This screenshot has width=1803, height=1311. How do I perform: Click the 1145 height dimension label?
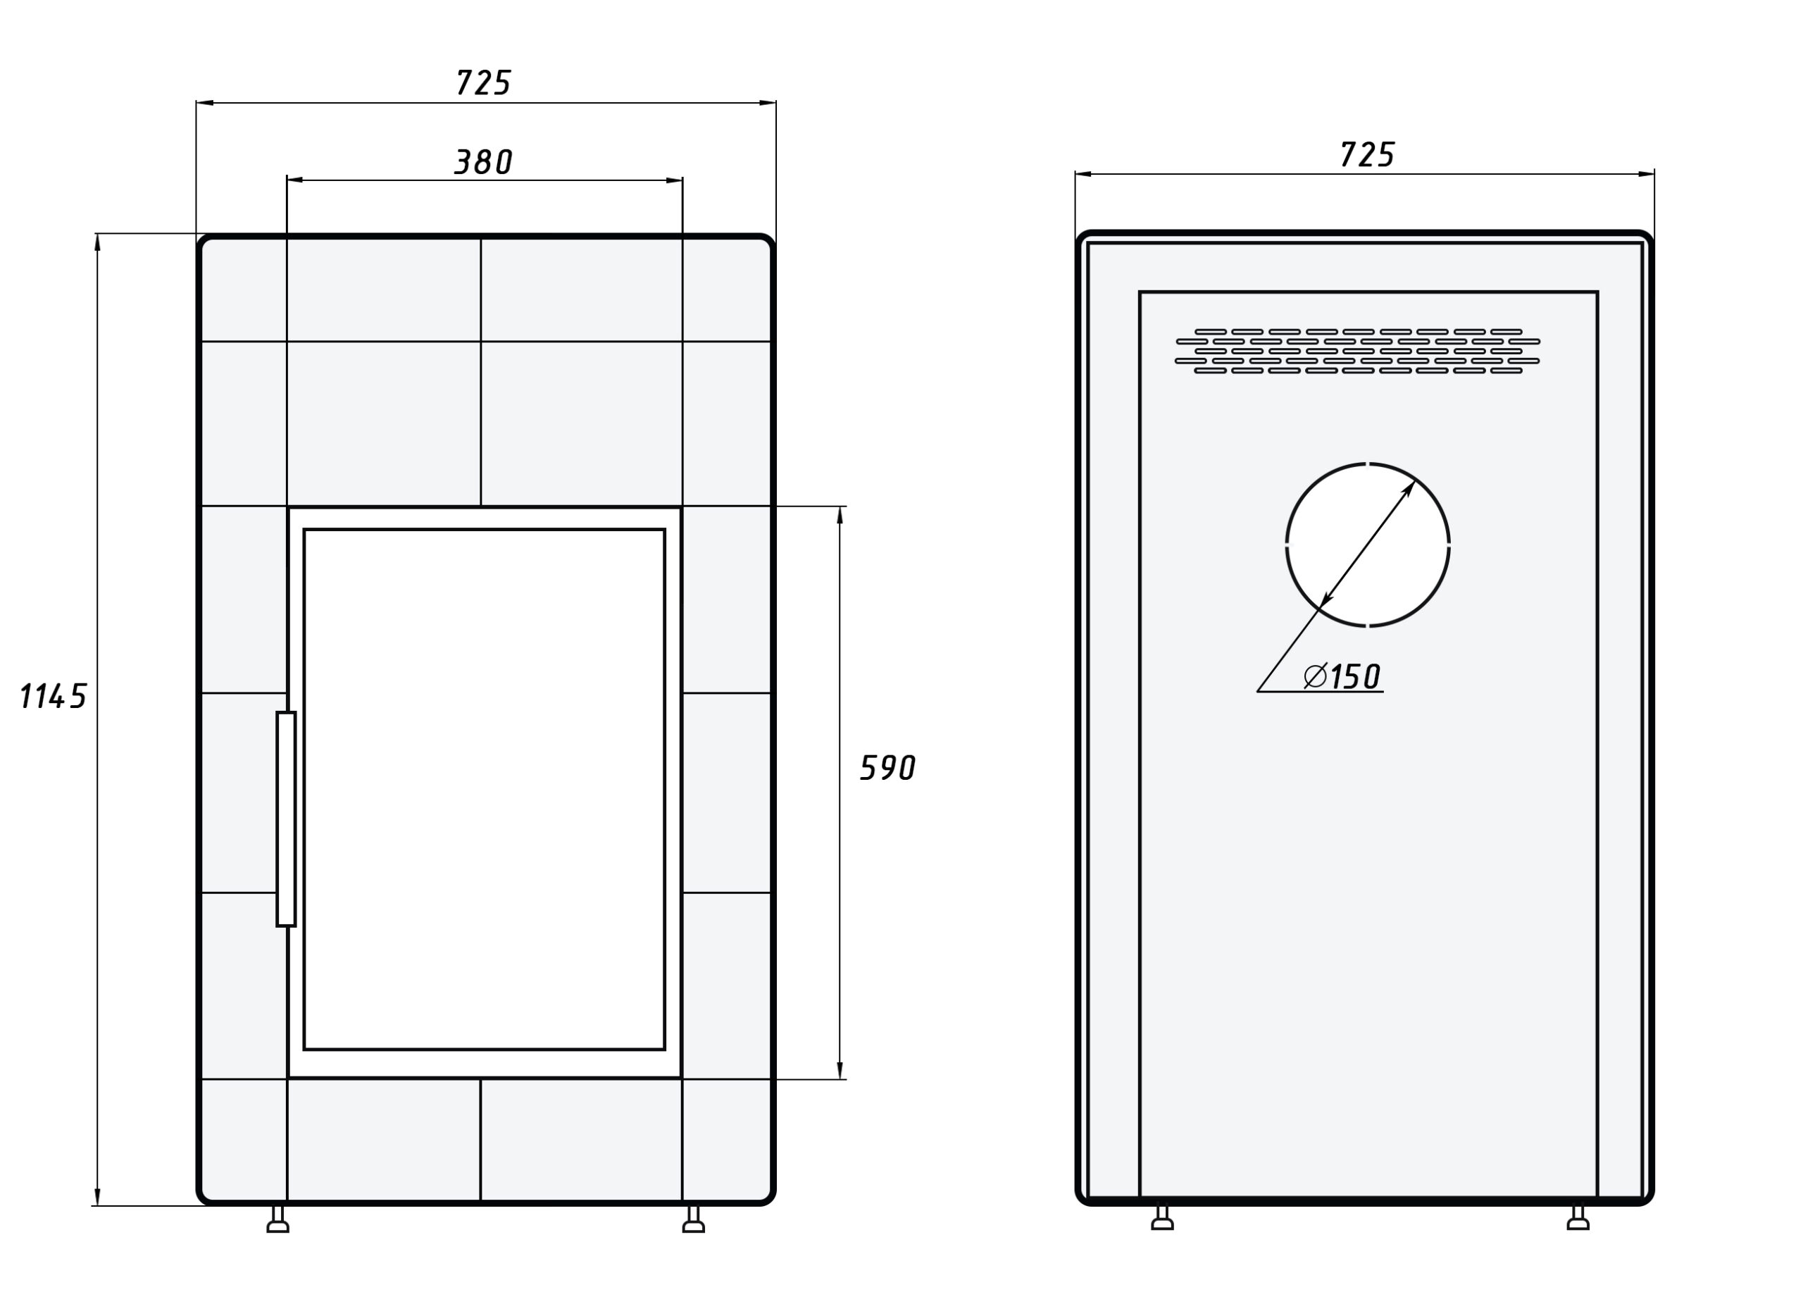(52, 697)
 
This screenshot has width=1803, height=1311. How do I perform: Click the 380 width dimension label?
(483, 162)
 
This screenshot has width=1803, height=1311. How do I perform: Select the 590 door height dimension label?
(888, 768)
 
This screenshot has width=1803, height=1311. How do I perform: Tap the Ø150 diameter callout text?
(1342, 676)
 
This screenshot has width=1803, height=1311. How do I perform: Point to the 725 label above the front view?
(483, 82)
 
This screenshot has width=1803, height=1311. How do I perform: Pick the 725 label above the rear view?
(1366, 154)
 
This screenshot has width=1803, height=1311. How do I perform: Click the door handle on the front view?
(286, 819)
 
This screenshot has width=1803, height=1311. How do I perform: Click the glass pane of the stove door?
(483, 789)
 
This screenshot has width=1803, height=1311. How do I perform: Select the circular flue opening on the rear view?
(1367, 545)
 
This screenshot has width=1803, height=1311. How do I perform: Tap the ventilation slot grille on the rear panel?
(1357, 351)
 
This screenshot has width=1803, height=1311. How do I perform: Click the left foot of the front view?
(277, 1219)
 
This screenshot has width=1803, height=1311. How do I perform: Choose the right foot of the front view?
(693, 1219)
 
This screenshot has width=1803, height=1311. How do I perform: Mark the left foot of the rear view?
(1162, 1218)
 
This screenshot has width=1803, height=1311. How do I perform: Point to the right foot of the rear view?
(1578, 1218)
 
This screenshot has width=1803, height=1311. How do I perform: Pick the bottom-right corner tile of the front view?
(726, 1138)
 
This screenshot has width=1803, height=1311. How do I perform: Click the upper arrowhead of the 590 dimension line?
(840, 514)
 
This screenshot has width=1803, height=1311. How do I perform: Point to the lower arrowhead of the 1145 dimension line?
(97, 1196)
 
